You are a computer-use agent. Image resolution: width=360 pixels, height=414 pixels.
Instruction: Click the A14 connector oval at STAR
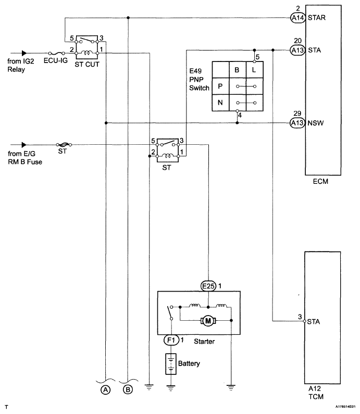point(297,18)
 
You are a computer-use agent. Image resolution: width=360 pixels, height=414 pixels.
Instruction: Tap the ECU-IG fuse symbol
point(56,53)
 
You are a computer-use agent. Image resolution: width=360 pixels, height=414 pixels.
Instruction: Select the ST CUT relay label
point(87,65)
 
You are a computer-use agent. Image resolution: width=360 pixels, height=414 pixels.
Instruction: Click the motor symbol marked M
point(208,321)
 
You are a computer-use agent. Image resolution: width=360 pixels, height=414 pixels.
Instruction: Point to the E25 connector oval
point(208,286)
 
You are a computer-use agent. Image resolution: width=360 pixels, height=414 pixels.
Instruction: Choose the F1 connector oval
point(171,340)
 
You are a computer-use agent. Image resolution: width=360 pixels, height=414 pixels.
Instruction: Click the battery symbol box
point(171,364)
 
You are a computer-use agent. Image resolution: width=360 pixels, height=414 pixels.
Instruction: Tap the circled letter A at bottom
point(106,390)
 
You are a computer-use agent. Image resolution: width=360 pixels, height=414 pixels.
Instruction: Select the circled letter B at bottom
point(128,390)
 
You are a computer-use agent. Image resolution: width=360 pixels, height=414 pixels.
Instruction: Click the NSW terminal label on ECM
point(316,123)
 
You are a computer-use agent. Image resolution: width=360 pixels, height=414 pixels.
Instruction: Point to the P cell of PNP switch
point(220,86)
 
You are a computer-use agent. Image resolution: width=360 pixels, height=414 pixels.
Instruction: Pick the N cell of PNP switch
point(220,103)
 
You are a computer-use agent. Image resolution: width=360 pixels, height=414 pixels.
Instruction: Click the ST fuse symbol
point(64,145)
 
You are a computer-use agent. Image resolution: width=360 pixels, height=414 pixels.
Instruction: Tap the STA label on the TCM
point(314,322)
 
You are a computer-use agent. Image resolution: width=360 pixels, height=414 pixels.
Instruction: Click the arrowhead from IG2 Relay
point(24,53)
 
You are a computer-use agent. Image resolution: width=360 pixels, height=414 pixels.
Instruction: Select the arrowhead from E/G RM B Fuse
point(24,145)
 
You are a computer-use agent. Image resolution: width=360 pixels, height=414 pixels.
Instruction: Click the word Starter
point(204,342)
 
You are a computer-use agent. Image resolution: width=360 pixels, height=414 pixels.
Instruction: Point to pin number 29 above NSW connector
point(297,114)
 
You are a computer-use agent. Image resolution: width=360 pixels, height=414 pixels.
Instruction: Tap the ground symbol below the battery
point(171,388)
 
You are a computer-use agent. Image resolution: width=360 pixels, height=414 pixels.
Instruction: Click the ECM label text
point(320,182)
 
